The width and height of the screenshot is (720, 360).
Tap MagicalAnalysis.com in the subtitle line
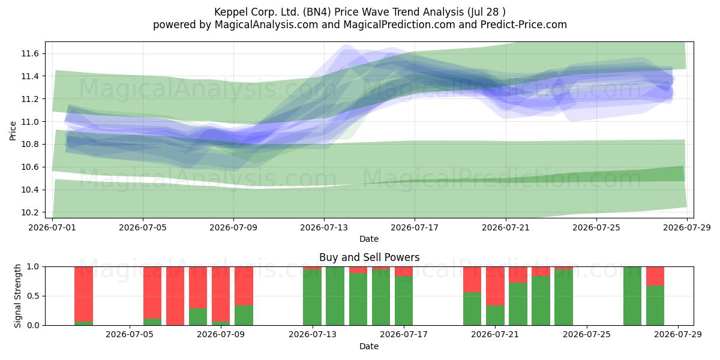coord(266,25)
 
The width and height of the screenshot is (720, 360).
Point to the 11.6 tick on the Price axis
coord(30,53)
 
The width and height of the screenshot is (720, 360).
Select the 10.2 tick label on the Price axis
coord(30,212)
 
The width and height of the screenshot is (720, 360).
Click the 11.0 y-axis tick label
coord(30,122)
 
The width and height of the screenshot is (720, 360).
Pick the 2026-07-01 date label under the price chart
coord(52,227)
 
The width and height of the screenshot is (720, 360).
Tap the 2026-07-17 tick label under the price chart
coord(415,227)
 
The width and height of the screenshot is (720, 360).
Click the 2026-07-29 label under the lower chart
coord(678,335)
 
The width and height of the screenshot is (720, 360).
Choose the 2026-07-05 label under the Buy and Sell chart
coord(130,335)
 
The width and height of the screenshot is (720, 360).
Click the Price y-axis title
coord(13,131)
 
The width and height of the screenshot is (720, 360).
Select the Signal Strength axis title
coord(17,296)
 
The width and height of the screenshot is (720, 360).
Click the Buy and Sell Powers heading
coord(370,257)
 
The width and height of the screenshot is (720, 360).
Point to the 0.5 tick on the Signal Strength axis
coord(34,296)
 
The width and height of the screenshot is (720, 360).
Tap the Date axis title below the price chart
coord(369,239)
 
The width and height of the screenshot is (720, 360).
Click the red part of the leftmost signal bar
coord(83,294)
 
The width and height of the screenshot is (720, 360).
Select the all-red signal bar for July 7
coord(175,296)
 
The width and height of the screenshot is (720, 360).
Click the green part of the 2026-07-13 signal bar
coord(312,298)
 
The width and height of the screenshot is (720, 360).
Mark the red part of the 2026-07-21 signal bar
coord(495,286)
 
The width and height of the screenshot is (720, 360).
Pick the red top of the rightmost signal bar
coord(655,276)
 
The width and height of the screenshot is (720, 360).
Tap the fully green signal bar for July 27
coord(632,296)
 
